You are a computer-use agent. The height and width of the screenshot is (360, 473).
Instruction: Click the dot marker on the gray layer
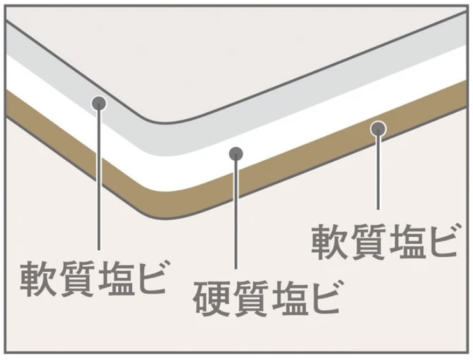[99, 103]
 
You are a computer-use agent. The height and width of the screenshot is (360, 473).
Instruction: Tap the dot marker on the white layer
[236, 154]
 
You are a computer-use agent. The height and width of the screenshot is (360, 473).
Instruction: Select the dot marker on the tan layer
[378, 129]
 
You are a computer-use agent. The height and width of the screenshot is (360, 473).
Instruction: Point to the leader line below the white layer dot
[236, 215]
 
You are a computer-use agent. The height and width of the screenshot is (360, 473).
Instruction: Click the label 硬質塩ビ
[266, 298]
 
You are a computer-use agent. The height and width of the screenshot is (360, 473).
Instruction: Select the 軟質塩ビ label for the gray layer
[93, 278]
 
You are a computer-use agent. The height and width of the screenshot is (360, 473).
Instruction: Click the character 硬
[211, 298]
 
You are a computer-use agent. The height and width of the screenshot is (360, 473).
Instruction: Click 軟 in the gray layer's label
[38, 278]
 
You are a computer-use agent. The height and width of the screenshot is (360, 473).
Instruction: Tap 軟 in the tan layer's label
[329, 241]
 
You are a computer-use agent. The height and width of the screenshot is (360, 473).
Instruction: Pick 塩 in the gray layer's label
[112, 278]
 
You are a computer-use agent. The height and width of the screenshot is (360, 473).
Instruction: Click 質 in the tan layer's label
[366, 241]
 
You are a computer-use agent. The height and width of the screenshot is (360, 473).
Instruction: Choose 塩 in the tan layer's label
[403, 241]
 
